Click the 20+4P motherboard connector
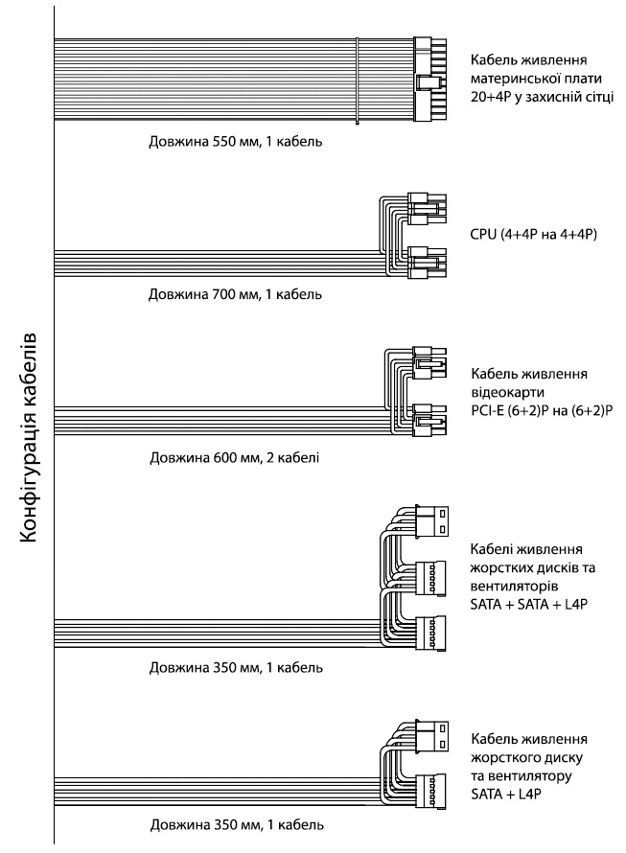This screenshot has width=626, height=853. click(x=430, y=80)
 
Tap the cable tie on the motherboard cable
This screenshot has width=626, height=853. click(x=357, y=81)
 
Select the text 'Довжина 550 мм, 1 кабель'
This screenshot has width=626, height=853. click(x=235, y=142)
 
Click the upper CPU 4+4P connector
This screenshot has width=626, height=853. click(x=427, y=210)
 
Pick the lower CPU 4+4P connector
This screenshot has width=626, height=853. click(x=427, y=263)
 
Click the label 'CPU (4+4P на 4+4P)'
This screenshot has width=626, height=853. click(x=533, y=235)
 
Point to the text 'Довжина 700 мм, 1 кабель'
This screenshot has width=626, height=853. click(x=235, y=294)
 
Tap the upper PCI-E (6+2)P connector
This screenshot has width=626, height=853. click(x=429, y=362)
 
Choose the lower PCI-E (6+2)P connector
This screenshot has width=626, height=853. click(x=429, y=420)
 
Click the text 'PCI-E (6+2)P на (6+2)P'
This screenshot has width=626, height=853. click(x=542, y=410)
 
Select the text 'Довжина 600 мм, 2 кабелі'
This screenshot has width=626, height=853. click(x=235, y=457)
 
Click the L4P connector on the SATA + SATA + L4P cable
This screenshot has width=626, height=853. click(x=432, y=521)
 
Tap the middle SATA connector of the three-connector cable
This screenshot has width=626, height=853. click(x=430, y=578)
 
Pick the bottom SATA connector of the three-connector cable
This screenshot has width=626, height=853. click(x=430, y=633)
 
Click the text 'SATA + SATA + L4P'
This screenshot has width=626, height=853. click(x=529, y=605)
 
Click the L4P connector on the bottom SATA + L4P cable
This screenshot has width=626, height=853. click(x=432, y=735)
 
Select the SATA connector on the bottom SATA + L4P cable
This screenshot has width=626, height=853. click(x=430, y=791)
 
